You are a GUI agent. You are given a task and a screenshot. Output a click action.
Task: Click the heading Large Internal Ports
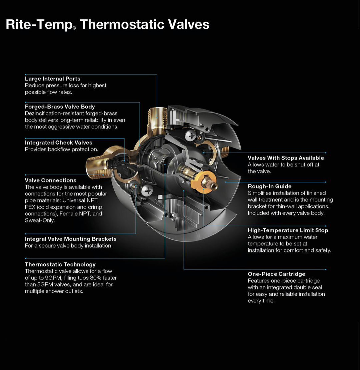tap(53, 79)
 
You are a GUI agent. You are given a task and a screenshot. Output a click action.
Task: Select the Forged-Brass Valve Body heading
tap(60, 107)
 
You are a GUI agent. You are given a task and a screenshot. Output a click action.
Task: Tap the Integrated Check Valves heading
tap(59, 143)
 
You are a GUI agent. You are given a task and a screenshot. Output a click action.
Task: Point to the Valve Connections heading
tap(51, 181)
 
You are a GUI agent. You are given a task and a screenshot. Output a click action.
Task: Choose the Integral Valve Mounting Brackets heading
tap(71, 239)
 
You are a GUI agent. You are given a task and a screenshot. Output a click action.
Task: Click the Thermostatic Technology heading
tap(60, 265)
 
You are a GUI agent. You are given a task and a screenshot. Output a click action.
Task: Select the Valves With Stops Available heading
tap(286, 158)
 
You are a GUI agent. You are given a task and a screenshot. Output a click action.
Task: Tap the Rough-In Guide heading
tap(270, 186)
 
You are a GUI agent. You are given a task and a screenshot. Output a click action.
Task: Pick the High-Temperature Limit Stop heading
tap(288, 230)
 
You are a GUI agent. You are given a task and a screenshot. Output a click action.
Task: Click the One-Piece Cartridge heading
tap(276, 274)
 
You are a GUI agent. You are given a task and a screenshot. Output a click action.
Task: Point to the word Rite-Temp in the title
tap(39, 25)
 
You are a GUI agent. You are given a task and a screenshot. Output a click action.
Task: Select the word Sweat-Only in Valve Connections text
tap(39, 220)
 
